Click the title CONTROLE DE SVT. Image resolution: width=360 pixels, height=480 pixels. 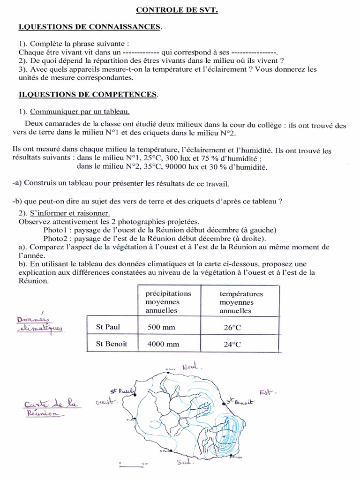point(178,9)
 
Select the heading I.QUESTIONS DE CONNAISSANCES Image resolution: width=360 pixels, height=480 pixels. point(89,27)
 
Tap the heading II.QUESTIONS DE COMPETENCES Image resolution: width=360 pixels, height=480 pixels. point(88,95)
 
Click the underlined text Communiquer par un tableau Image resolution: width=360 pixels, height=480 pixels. point(80,112)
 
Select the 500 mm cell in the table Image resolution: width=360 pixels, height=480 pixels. point(161,327)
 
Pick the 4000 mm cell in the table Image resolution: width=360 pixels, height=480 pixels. point(163,344)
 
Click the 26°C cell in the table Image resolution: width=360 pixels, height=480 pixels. point(232,328)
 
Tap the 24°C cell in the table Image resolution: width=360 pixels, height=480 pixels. point(232,345)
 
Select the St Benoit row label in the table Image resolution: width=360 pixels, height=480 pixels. point(111,344)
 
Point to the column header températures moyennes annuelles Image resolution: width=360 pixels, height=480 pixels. point(241,302)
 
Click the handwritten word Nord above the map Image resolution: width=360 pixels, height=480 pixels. point(190,366)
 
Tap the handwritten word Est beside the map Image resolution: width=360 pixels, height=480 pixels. point(269,392)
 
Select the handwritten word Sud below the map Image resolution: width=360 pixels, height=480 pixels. point(183,463)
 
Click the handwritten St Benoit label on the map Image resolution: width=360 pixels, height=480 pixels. point(240,402)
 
